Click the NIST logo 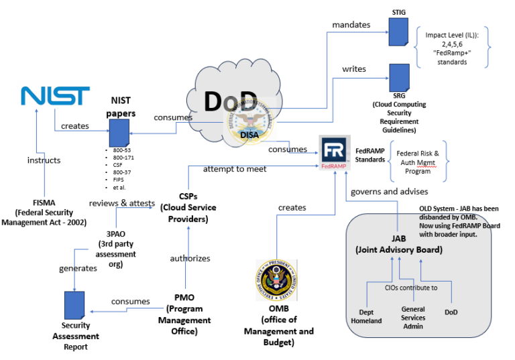click(x=55, y=96)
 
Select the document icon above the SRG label click(x=400, y=79)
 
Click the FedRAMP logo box click(x=336, y=154)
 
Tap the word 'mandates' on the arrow click(x=351, y=25)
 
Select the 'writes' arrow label click(x=354, y=68)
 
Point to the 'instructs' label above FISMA click(x=44, y=160)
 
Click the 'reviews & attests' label click(x=123, y=203)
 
